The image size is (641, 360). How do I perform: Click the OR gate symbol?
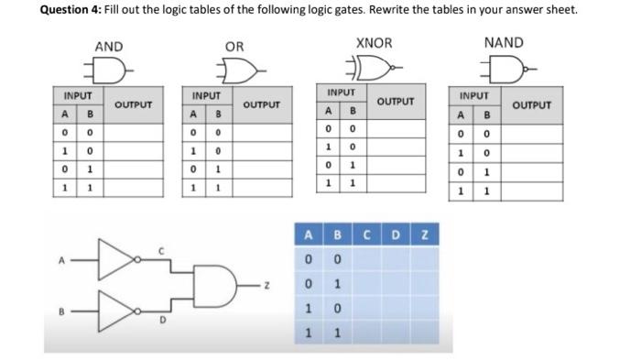coord(244,69)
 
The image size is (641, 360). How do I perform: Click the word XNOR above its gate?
coord(373,43)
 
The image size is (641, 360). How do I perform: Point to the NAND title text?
coord(504,43)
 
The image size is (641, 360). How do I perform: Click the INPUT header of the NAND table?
coord(474,95)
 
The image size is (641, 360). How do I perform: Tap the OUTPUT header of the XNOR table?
coord(396,101)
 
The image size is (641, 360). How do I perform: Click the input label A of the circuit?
coord(60,259)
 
